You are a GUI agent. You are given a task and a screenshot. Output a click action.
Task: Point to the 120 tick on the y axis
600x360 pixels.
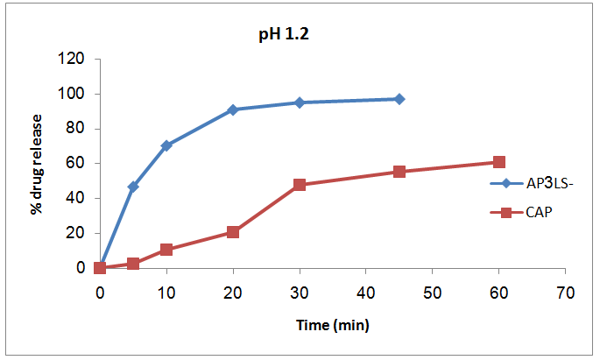tap(72, 60)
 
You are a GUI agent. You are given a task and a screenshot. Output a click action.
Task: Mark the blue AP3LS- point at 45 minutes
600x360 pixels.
tap(399, 99)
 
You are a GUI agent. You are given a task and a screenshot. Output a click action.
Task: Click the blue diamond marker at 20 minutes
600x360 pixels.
tap(233, 109)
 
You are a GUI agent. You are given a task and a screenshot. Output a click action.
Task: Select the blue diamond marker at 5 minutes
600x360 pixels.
tap(133, 187)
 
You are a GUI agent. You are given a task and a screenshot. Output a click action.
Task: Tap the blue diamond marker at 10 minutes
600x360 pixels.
tap(166, 145)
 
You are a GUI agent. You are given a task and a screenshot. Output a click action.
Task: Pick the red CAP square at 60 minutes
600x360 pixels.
tap(499, 162)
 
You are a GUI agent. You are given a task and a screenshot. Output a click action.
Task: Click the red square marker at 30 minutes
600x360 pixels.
tap(300, 185)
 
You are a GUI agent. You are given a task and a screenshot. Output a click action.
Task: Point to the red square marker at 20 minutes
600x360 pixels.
tap(233, 232)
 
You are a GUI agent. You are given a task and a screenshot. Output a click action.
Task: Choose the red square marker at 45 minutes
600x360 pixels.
tap(399, 172)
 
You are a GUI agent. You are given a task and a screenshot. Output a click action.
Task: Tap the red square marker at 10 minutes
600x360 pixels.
tap(166, 250)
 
